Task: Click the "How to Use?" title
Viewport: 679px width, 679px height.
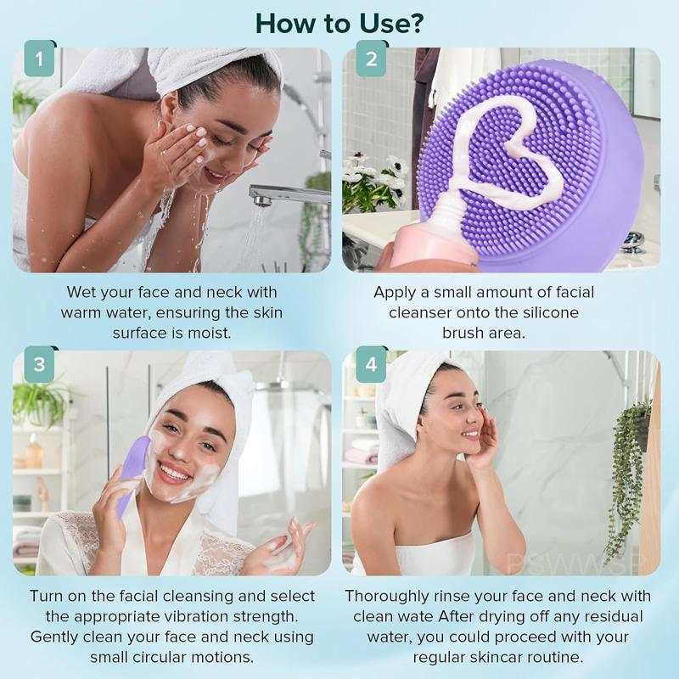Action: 339,23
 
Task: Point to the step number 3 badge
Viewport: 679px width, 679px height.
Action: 39,365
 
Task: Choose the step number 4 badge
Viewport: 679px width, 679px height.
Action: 371,365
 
